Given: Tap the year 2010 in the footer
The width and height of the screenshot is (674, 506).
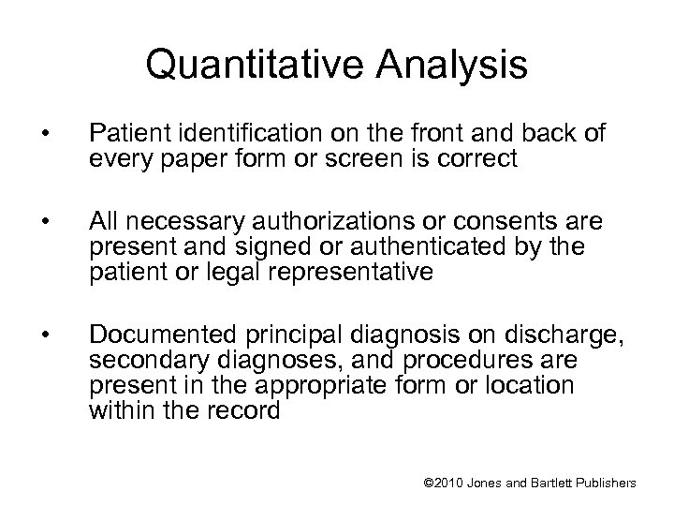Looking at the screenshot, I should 450,482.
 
